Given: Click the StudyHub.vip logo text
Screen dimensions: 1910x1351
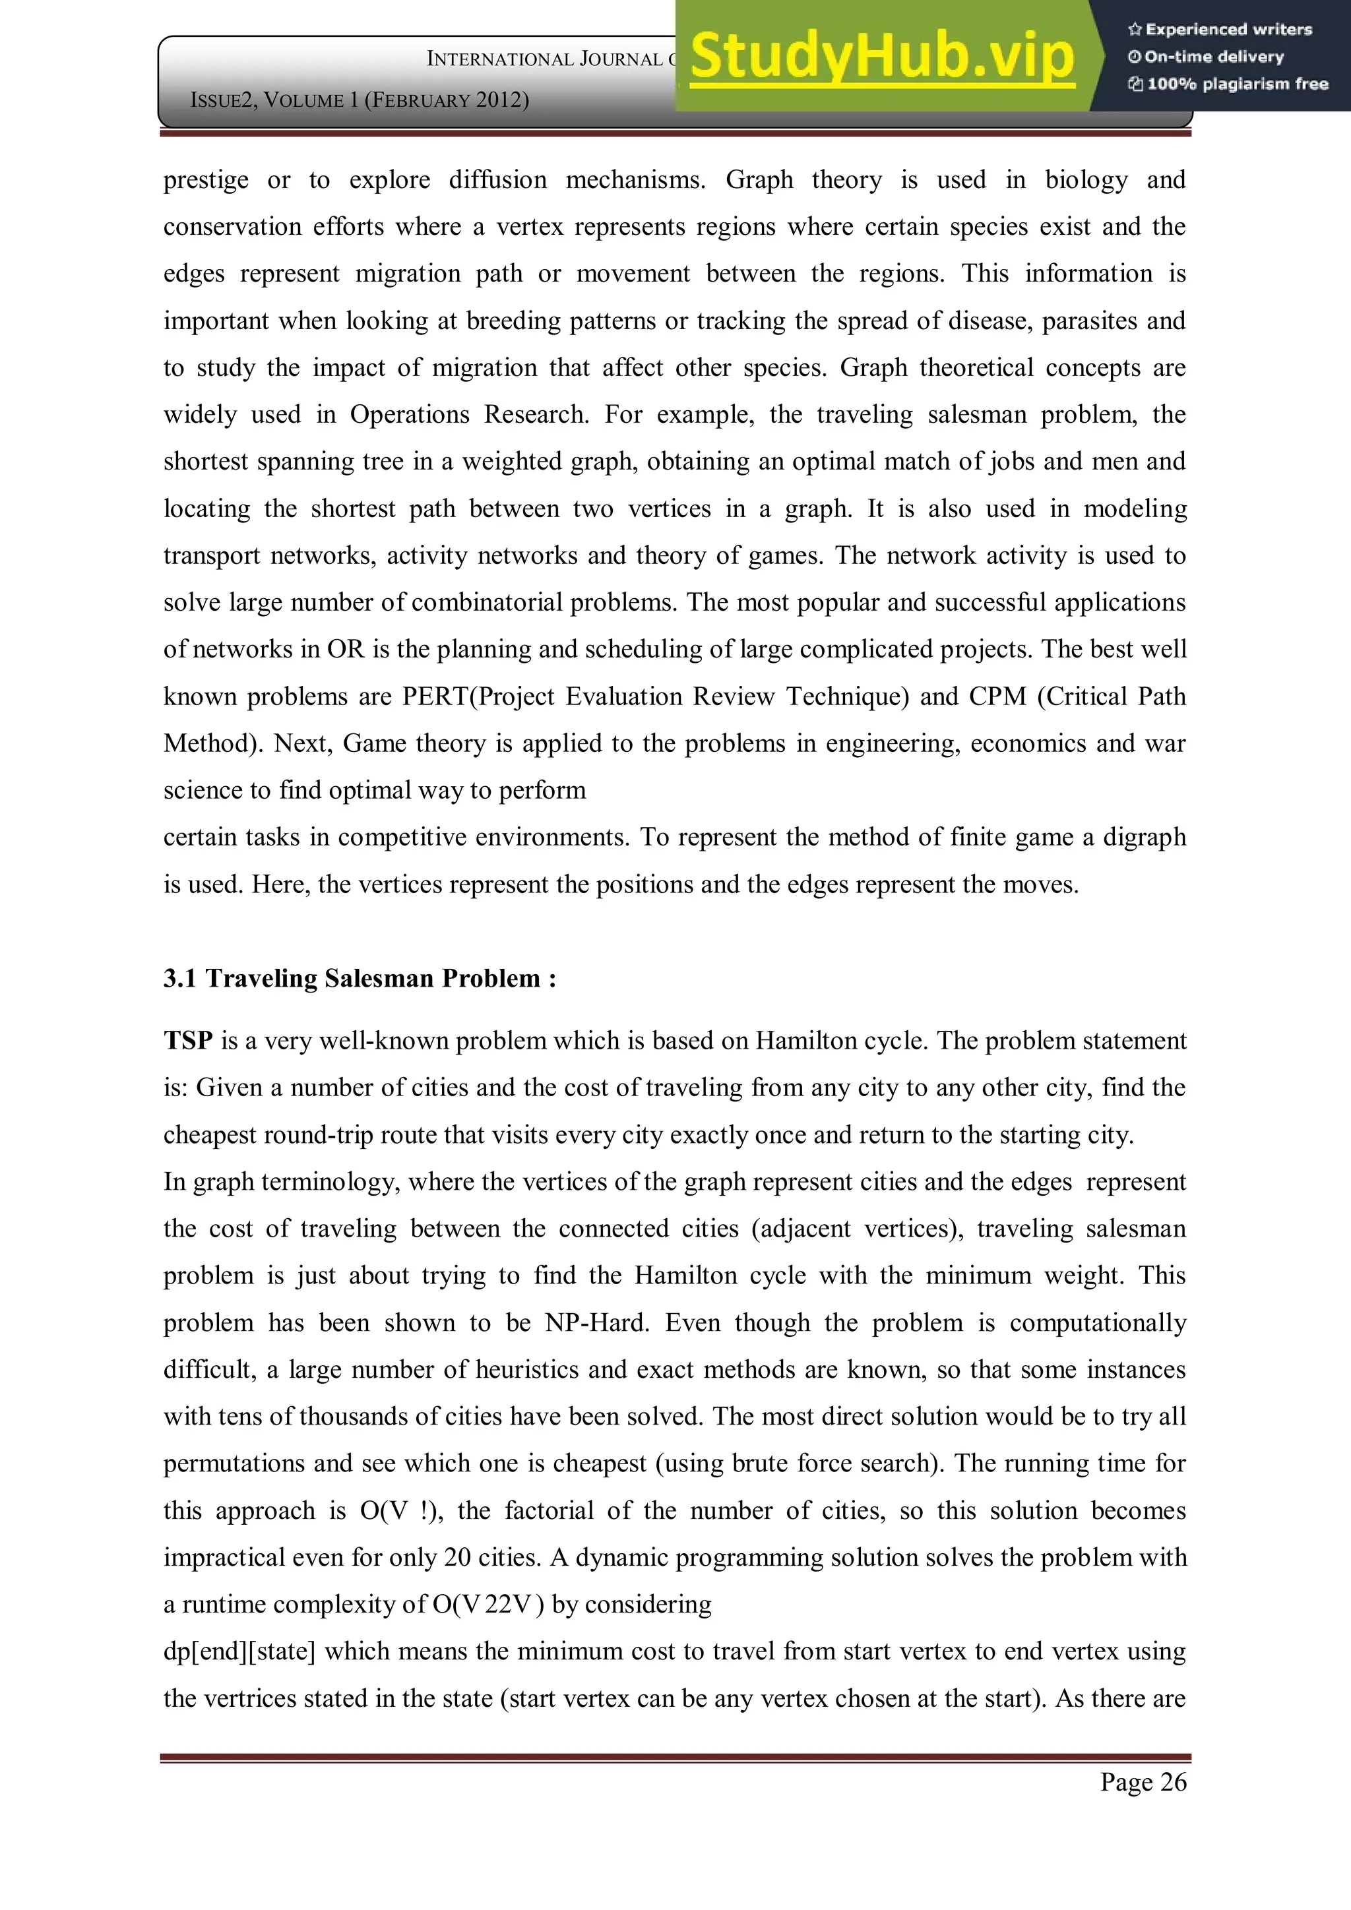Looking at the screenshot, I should [882, 57].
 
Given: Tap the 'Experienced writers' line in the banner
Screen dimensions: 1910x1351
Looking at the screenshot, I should [1220, 30].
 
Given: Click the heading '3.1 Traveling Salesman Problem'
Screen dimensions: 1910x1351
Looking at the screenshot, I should [360, 978].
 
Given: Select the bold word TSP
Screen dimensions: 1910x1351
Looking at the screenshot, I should [188, 1041].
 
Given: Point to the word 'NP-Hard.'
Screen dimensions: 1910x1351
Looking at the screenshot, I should [596, 1323].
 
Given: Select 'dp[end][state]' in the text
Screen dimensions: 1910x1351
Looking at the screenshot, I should [239, 1651].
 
